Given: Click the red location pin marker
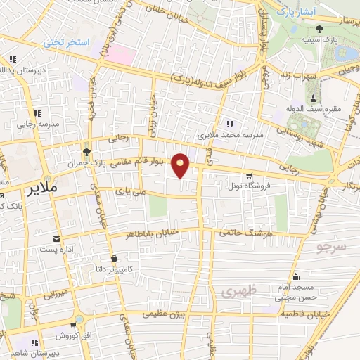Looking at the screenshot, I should point(181,165).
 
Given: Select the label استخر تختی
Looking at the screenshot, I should point(68,43).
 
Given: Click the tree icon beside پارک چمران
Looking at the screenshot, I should point(86,151).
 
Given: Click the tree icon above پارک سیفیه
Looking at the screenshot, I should point(320,29).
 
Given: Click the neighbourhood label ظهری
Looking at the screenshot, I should point(235,290).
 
